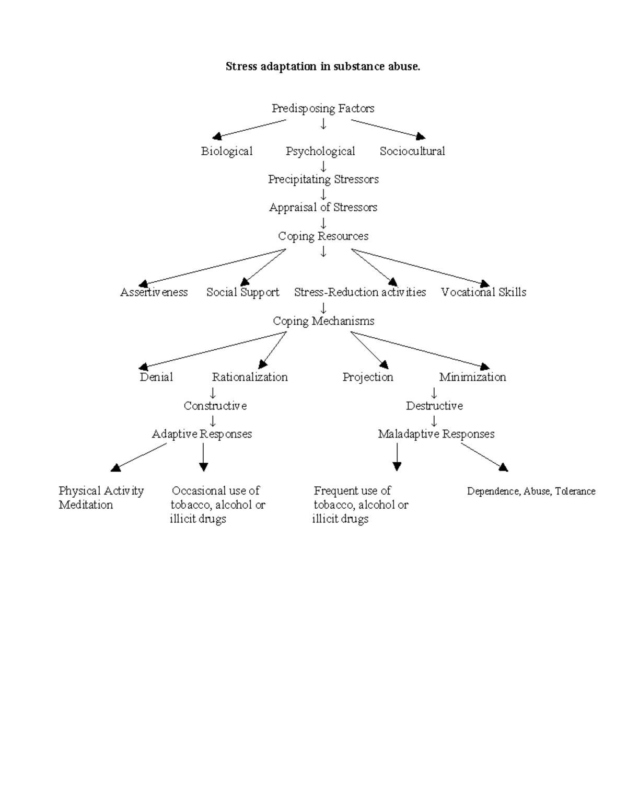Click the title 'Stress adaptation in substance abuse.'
[322, 66]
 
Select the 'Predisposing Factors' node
[323, 108]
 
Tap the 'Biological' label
[227, 151]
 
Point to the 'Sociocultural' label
[412, 151]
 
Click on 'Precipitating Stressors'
[323, 179]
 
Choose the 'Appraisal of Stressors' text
[323, 208]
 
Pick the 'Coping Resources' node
[323, 236]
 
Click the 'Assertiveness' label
[154, 292]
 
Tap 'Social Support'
[242, 292]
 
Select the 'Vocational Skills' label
[483, 292]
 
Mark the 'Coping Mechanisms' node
[323, 321]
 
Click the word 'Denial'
[156, 377]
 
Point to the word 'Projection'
[368, 377]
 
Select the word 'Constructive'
[215, 406]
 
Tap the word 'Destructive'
[434, 406]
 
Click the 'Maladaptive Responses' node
[436, 434]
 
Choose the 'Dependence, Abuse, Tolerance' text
[531, 491]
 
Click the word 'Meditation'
[86, 505]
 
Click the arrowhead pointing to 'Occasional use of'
[203, 466]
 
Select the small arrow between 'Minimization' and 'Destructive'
[434, 393]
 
